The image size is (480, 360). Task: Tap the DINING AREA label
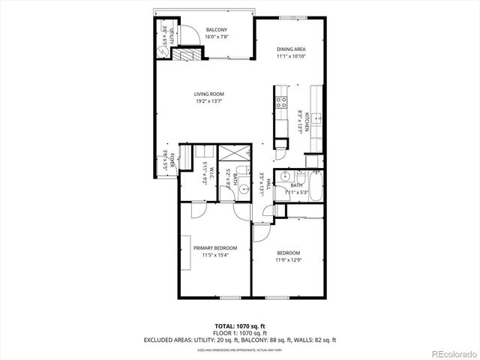[x=290, y=49]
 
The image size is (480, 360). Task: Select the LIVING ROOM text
[x=209, y=94]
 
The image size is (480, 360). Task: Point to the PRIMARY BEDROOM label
[x=215, y=248]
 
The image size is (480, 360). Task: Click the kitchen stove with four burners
[x=281, y=103]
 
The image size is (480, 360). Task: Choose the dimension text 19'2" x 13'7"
[x=209, y=101]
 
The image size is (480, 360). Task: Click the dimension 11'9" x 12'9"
[x=288, y=260]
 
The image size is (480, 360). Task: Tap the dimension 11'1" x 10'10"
[x=290, y=56]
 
